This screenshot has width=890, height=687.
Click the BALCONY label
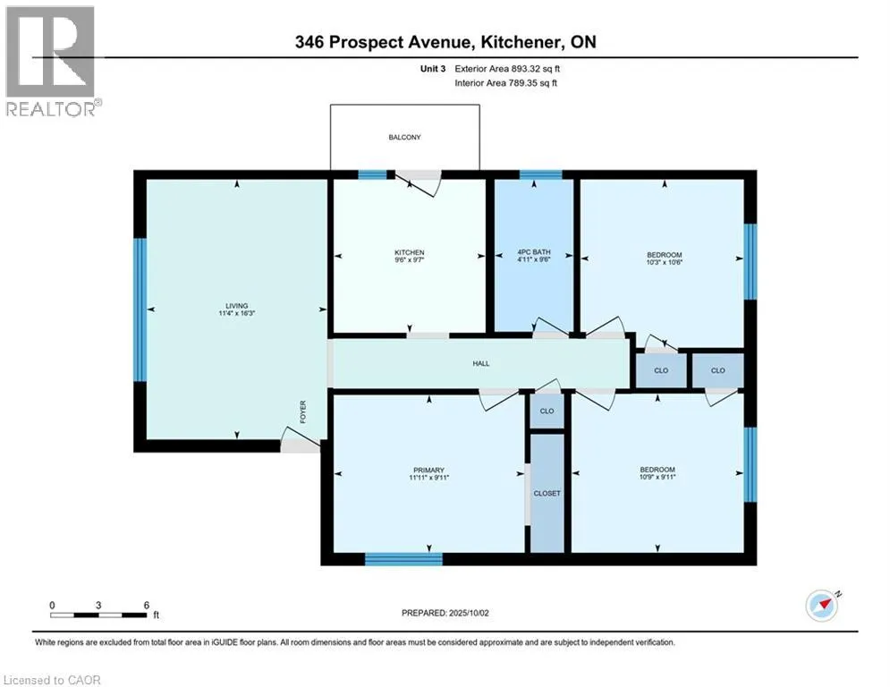click(404, 138)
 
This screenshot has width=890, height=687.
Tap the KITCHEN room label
click(410, 252)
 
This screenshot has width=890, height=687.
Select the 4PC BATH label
click(534, 252)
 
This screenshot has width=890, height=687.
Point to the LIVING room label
click(237, 305)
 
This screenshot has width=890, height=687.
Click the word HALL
click(480, 363)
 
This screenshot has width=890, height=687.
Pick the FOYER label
click(302, 411)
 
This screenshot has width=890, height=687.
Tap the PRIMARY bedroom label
click(428, 471)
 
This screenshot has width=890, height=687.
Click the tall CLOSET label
click(547, 494)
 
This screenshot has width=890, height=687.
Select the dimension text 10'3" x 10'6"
click(664, 262)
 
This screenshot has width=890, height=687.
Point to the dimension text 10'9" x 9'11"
click(657, 477)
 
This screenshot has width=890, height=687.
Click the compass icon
click(822, 606)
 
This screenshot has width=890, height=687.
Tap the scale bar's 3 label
click(98, 606)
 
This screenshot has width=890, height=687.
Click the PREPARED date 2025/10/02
click(469, 613)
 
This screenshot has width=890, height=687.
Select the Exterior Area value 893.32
click(524, 69)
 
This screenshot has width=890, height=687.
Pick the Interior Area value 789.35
click(522, 83)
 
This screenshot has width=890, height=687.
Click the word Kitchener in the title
click(521, 42)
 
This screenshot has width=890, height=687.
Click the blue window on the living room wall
click(140, 310)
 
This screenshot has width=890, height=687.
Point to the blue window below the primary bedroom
click(403, 559)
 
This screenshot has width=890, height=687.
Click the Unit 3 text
click(433, 69)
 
